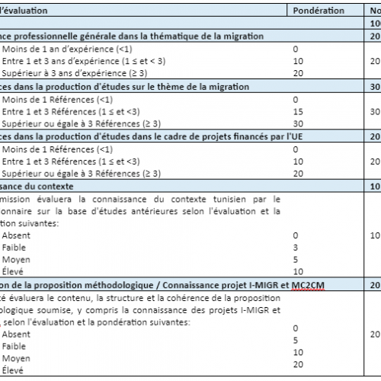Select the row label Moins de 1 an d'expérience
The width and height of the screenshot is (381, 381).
coord(46,49)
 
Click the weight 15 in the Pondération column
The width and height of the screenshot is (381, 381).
coord(298,111)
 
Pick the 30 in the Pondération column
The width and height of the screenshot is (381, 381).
coord(298,123)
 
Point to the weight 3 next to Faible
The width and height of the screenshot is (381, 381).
coord(296,248)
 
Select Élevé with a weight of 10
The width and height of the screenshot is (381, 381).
coord(13,272)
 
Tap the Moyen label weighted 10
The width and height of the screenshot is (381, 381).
coord(16,358)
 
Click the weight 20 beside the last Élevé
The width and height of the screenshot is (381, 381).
coord(298,370)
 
